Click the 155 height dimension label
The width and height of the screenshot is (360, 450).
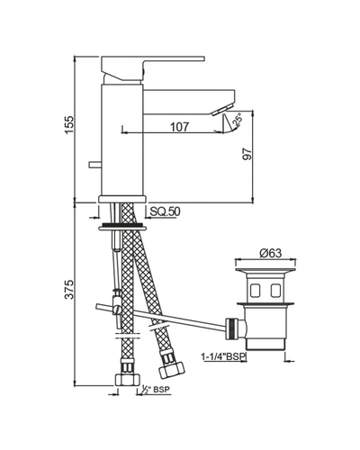point(69,124)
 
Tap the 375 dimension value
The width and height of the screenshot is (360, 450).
point(69,290)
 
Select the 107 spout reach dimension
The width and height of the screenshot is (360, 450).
point(180,127)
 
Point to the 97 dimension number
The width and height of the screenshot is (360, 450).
point(247,154)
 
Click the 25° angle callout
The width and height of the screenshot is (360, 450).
point(238,120)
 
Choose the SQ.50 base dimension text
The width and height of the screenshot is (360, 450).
point(165,211)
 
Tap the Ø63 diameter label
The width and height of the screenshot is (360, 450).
point(271,253)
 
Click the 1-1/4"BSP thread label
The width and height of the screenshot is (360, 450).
point(223,356)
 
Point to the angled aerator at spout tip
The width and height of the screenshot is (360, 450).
point(222,109)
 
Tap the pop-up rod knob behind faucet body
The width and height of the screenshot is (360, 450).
point(94,165)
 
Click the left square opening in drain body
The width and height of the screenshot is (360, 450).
point(256,290)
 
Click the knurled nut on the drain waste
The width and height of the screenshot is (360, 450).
point(232,328)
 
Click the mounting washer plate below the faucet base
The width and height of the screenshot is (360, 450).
point(122,229)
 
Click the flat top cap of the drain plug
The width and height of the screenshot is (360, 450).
point(265,269)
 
